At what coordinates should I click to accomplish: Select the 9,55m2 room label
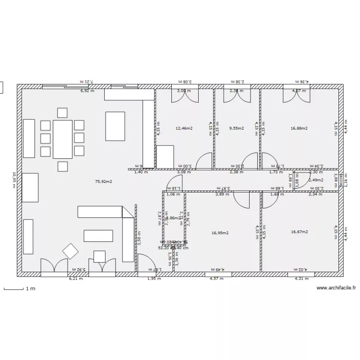tap(237, 129)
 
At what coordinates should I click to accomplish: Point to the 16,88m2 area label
tap(299, 129)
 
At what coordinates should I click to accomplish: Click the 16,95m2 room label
tap(220, 233)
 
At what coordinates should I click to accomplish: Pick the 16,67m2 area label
tap(299, 232)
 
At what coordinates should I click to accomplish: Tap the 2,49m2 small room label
tap(316, 180)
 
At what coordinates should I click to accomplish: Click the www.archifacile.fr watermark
tap(336, 288)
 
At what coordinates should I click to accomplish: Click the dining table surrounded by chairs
tap(62, 139)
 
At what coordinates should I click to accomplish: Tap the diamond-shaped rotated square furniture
tap(71, 251)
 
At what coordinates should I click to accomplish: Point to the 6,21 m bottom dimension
tap(75, 278)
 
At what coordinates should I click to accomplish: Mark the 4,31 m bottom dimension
tap(300, 278)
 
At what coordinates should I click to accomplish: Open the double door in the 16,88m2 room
tap(296, 95)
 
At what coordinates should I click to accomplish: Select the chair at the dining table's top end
tap(62, 113)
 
